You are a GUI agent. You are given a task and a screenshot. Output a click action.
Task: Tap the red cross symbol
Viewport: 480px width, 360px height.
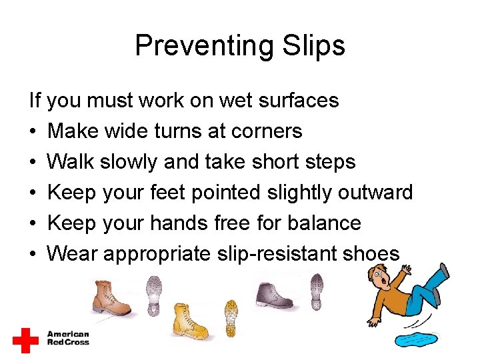(26, 340)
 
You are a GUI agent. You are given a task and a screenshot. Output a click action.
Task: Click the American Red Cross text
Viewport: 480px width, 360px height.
(67, 338)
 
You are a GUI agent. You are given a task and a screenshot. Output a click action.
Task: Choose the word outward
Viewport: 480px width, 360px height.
(375, 193)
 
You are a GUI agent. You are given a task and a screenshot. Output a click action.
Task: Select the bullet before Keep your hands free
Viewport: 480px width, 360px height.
(33, 223)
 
